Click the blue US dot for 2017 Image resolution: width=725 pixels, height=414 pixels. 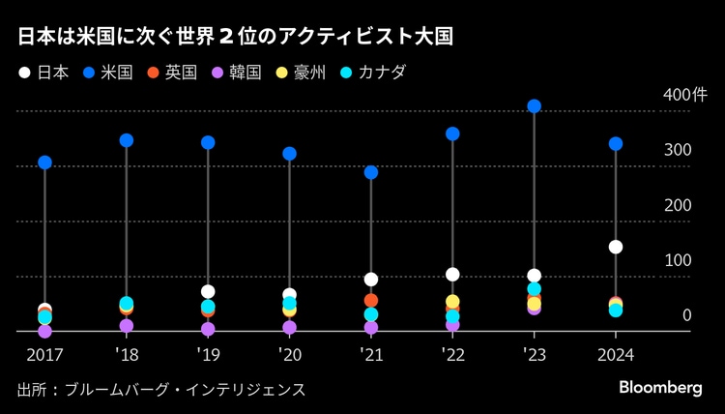[x=44, y=163]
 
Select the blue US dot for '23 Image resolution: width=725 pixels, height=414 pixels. [x=535, y=106]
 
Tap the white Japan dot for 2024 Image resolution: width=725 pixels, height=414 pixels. [x=616, y=247]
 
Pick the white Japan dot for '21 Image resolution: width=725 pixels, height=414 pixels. [x=371, y=280]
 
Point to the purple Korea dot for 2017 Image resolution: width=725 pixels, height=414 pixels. [x=44, y=331]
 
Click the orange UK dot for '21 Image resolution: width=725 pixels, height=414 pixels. [x=371, y=301]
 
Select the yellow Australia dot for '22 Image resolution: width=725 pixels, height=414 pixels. [x=452, y=302]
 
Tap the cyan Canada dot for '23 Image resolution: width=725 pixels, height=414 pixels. [x=535, y=289]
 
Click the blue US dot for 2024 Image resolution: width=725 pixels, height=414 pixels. [x=616, y=144]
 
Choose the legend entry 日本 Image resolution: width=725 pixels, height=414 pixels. [x=43, y=73]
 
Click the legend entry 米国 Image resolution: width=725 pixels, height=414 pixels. [x=107, y=73]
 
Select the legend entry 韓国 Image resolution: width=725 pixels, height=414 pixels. [x=236, y=73]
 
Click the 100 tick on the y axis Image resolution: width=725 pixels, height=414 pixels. [x=678, y=260]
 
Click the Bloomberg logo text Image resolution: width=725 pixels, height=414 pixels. [x=660, y=387]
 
